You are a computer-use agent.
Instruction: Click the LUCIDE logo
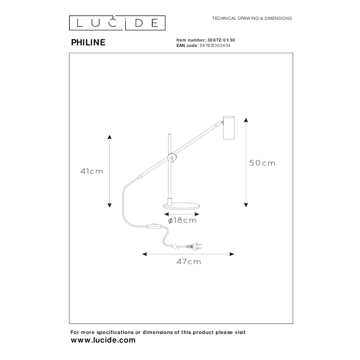coord(117,23)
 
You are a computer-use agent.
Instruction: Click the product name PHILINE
coord(88,42)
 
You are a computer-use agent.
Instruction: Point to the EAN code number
coord(215,45)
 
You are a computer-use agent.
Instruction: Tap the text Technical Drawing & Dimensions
coord(252,18)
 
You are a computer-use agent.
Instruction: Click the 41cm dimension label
coord(91,171)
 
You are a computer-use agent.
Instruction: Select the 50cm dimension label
coord(262,163)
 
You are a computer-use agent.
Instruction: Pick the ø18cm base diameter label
coord(182,220)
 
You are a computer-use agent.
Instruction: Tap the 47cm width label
coord(189,261)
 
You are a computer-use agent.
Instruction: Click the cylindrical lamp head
coord(229,127)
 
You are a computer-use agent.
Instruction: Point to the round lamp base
coord(181,206)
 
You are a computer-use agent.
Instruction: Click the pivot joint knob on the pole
coord(171,158)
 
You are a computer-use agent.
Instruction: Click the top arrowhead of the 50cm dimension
coord(246,120)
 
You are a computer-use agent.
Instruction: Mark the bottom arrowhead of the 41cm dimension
coord(109,205)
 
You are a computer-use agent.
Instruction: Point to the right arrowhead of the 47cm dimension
coord(232,254)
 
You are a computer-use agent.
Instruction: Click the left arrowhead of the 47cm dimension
coord(144,254)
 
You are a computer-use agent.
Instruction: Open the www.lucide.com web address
coord(103,340)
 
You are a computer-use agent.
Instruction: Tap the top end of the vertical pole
coord(170,134)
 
